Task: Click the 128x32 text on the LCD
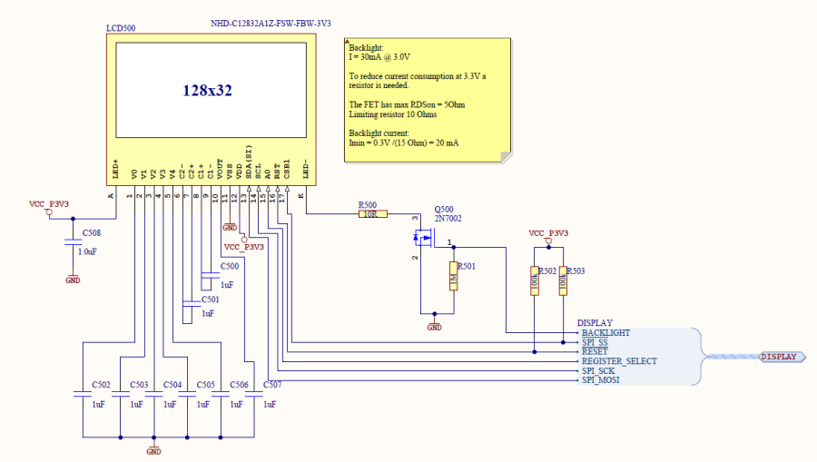click(208, 91)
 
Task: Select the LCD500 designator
click(121, 29)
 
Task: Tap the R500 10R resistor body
click(373, 214)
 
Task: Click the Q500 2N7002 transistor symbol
click(423, 240)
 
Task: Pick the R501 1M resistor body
click(452, 277)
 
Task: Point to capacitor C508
click(73, 242)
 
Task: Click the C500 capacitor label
click(230, 266)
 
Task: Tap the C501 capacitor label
click(210, 299)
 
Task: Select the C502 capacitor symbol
click(83, 396)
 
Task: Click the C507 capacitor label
click(271, 385)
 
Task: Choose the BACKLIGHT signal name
click(605, 333)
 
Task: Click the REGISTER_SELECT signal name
click(619, 361)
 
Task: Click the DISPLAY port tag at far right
click(778, 356)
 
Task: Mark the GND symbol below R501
click(435, 324)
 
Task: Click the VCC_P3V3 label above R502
click(548, 233)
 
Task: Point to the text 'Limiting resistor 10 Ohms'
click(393, 114)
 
